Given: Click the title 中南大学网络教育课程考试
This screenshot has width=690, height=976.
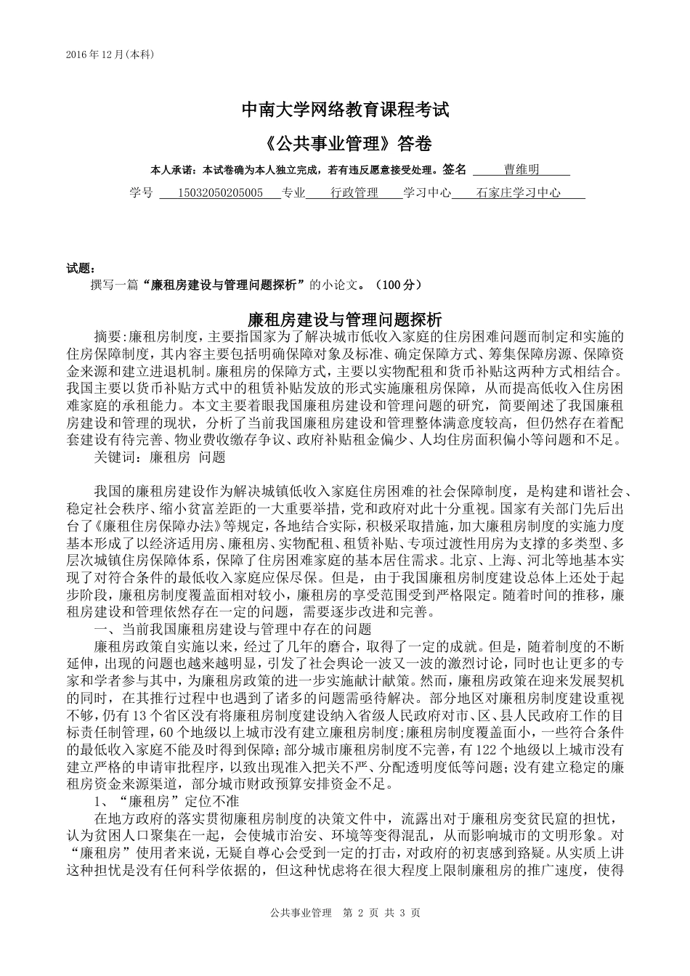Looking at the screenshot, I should (x=345, y=110).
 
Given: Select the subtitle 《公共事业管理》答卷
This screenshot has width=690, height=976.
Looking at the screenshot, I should (x=345, y=144).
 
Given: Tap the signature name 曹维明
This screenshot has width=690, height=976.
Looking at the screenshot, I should (x=521, y=170).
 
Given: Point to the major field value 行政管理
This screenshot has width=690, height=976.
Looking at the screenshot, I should (x=354, y=193).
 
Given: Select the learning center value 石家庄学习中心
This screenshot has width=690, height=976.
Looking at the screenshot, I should (x=519, y=193).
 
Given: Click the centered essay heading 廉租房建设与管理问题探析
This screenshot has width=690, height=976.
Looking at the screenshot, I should (x=345, y=319).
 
